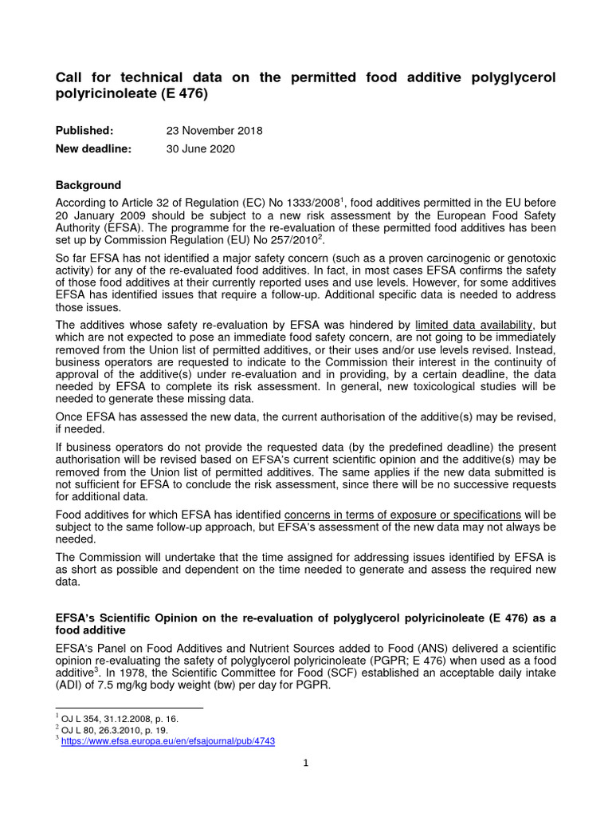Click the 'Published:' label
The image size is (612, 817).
click(x=84, y=130)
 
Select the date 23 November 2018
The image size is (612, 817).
click(x=214, y=130)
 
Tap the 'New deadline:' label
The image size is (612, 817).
click(x=93, y=148)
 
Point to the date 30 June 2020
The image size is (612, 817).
click(x=200, y=148)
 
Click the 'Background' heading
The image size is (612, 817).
click(x=88, y=185)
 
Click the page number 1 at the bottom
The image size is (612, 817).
click(x=305, y=763)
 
